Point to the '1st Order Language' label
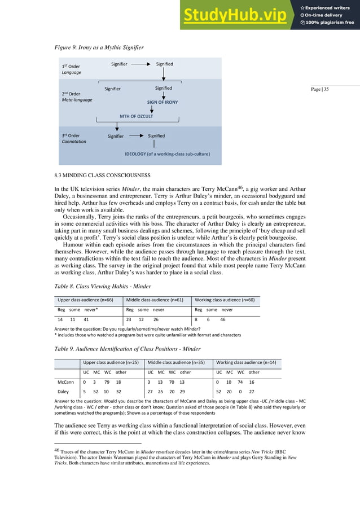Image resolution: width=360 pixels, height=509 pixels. [71, 69]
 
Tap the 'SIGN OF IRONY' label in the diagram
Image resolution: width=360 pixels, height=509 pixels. [163, 102]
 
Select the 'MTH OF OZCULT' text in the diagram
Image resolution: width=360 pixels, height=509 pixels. [136, 116]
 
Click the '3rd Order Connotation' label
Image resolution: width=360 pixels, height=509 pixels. [73, 138]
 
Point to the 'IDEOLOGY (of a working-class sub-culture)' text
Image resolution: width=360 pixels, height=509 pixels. [163, 153]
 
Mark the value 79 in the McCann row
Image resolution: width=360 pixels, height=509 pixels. [107, 381]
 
